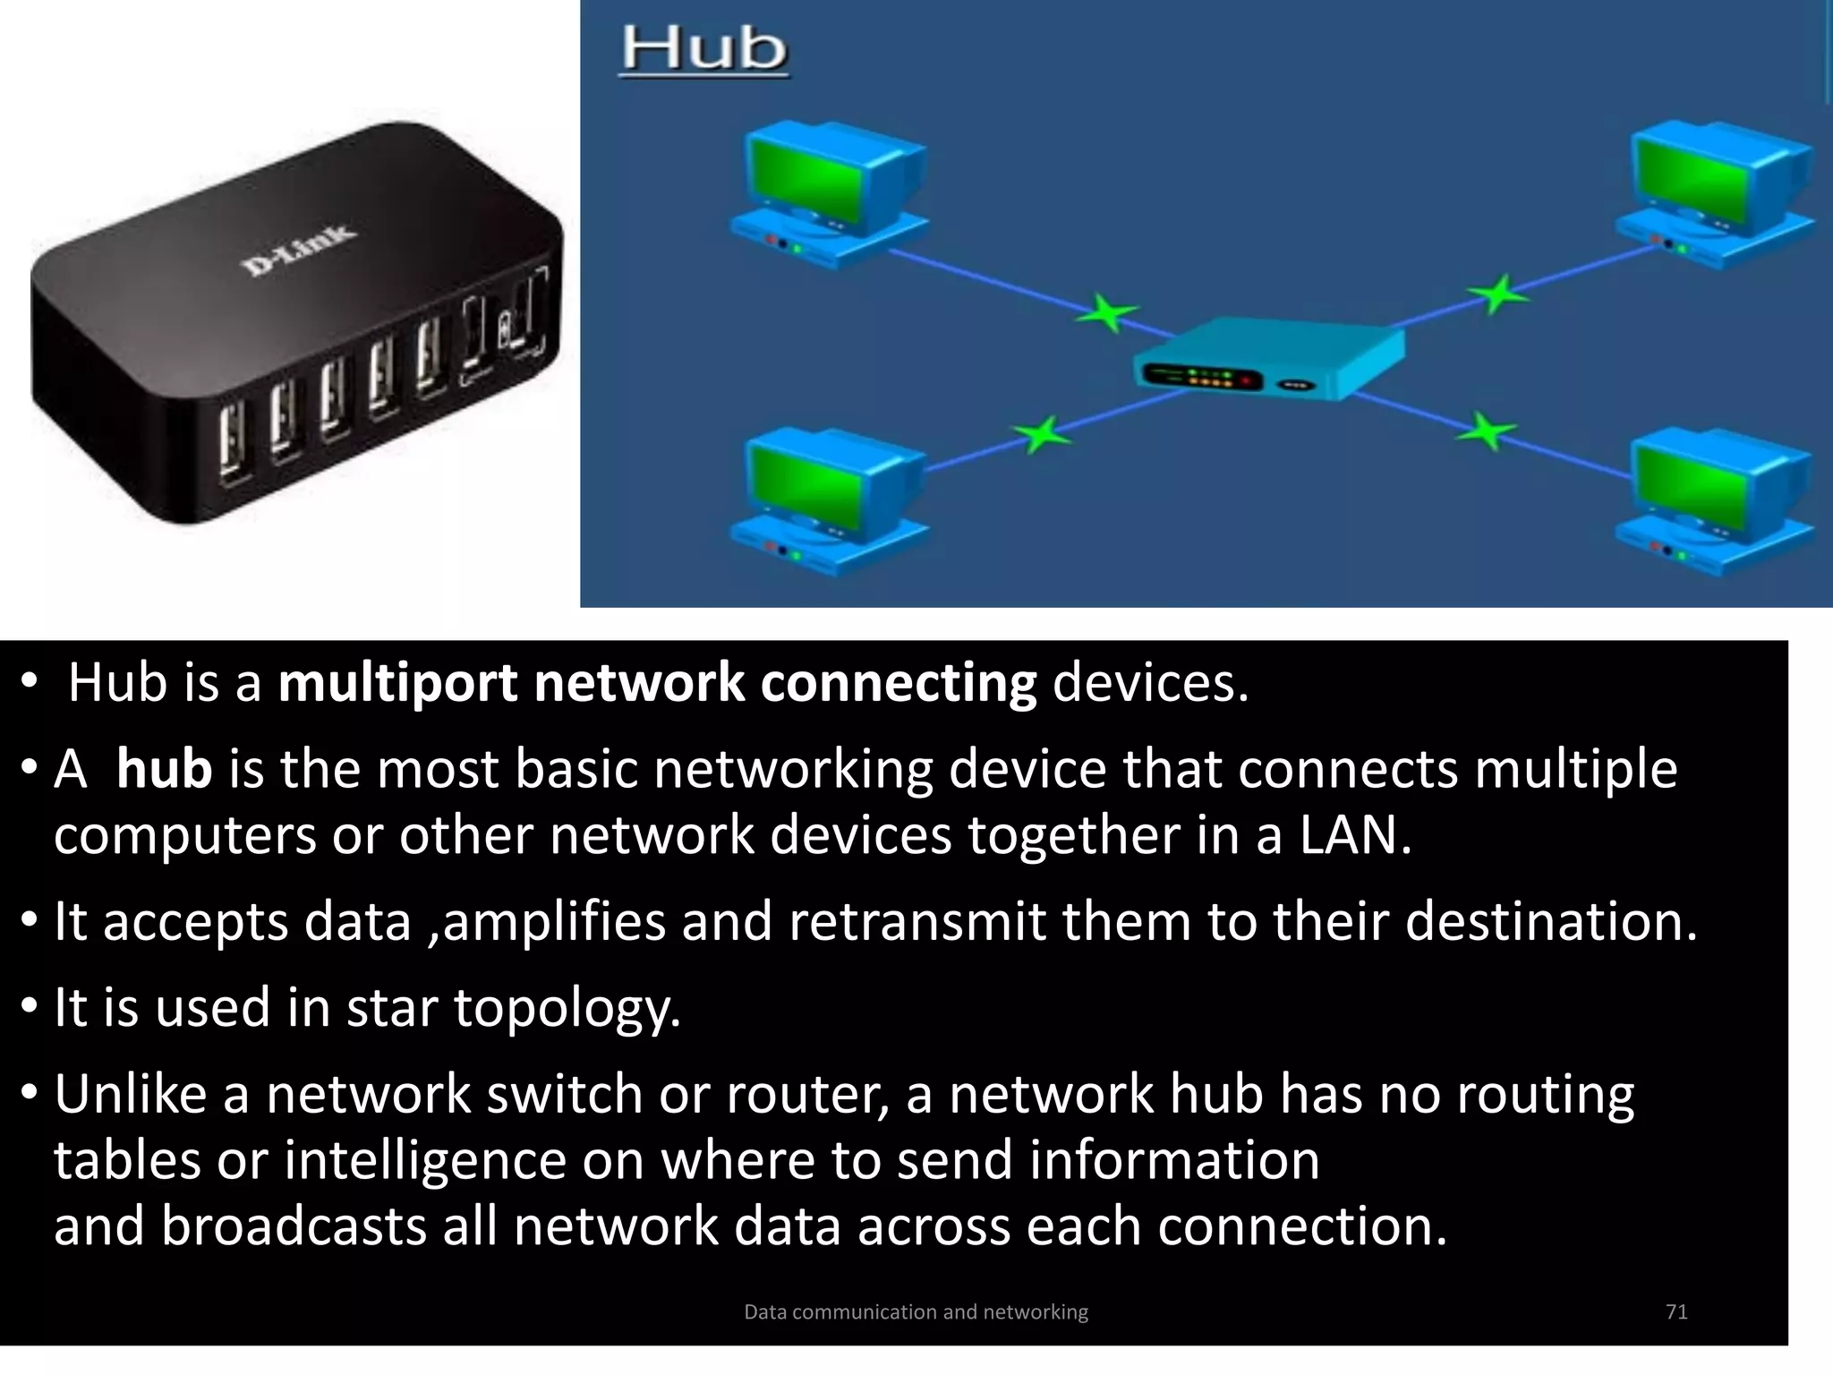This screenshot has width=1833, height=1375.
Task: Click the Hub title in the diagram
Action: (704, 49)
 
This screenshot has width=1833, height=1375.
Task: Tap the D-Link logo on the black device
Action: (298, 250)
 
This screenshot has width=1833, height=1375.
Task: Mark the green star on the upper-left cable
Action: (1108, 313)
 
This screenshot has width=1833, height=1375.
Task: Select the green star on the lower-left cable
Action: (1041, 435)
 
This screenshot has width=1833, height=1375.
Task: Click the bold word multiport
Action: (397, 684)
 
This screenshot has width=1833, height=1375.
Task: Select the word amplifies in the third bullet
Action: (554, 922)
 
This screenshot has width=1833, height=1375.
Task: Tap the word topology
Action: (567, 1009)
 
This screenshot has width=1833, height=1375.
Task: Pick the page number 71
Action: (1676, 1311)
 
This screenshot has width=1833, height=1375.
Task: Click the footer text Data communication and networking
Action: (916, 1312)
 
